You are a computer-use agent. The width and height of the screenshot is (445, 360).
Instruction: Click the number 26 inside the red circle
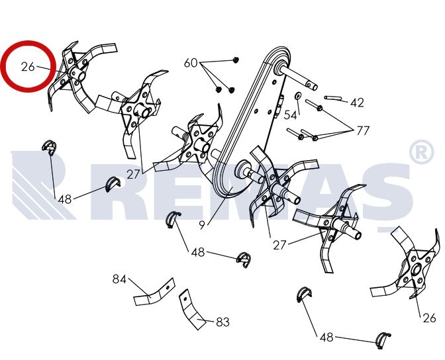(28, 67)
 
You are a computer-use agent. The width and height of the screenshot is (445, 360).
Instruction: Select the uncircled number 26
(429, 318)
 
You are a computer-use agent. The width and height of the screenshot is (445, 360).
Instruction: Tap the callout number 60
(191, 63)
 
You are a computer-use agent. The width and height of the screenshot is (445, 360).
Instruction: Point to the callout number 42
(357, 103)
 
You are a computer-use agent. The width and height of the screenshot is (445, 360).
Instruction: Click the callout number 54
(290, 115)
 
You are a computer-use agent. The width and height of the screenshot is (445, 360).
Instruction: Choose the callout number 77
(363, 131)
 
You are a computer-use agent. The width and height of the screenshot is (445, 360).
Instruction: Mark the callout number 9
(202, 225)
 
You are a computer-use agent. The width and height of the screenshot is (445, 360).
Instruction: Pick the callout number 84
(119, 279)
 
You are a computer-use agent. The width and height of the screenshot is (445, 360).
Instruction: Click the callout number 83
(222, 322)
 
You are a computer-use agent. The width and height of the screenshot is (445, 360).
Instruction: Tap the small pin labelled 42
(333, 98)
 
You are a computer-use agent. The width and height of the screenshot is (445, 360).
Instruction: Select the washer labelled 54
(297, 95)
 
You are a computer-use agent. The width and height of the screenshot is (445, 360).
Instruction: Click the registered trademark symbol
(421, 152)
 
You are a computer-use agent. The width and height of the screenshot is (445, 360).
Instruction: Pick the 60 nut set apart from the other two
(235, 60)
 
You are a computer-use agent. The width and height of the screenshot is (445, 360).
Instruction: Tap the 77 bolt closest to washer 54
(314, 104)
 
